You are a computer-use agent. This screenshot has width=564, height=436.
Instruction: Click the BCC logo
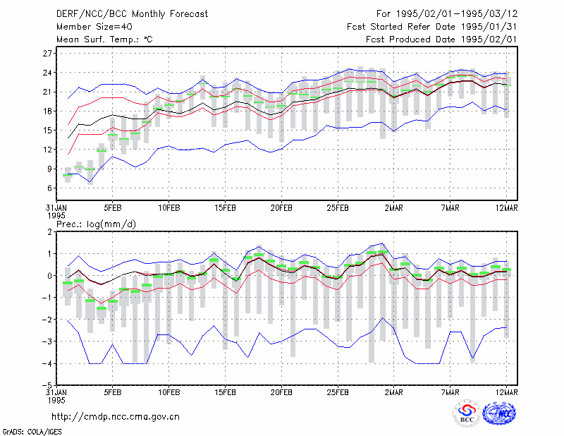(x=467, y=413)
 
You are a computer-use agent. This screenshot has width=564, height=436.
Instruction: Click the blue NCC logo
(x=499, y=413)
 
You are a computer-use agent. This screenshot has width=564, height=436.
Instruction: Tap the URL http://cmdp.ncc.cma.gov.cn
(x=116, y=416)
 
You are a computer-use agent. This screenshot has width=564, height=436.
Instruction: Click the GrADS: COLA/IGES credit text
(x=32, y=432)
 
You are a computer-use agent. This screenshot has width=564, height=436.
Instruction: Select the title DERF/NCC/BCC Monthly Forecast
(x=132, y=14)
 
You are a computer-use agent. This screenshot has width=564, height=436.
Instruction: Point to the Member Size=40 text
(x=94, y=27)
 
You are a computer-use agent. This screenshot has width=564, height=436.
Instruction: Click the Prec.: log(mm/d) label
(x=96, y=224)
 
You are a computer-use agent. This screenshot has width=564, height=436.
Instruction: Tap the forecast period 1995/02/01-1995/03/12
(x=457, y=13)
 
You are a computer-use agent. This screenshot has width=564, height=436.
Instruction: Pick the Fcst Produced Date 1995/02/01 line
(x=441, y=40)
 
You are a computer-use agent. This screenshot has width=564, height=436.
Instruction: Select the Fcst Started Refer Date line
(x=432, y=27)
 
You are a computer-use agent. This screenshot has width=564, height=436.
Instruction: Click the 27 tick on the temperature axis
(x=47, y=54)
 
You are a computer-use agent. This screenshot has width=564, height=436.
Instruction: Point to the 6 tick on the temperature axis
(x=49, y=188)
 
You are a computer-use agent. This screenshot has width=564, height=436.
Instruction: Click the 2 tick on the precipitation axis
(x=49, y=232)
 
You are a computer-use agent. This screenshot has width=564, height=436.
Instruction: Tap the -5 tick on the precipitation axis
(x=47, y=385)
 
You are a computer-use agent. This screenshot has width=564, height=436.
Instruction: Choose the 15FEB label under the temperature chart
(x=225, y=208)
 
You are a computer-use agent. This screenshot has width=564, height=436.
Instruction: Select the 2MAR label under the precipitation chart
(x=394, y=392)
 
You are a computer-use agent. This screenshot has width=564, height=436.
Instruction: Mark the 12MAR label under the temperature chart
(x=506, y=208)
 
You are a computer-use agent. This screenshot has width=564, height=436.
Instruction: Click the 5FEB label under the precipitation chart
(x=113, y=392)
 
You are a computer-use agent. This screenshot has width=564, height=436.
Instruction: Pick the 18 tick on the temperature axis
(x=47, y=111)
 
